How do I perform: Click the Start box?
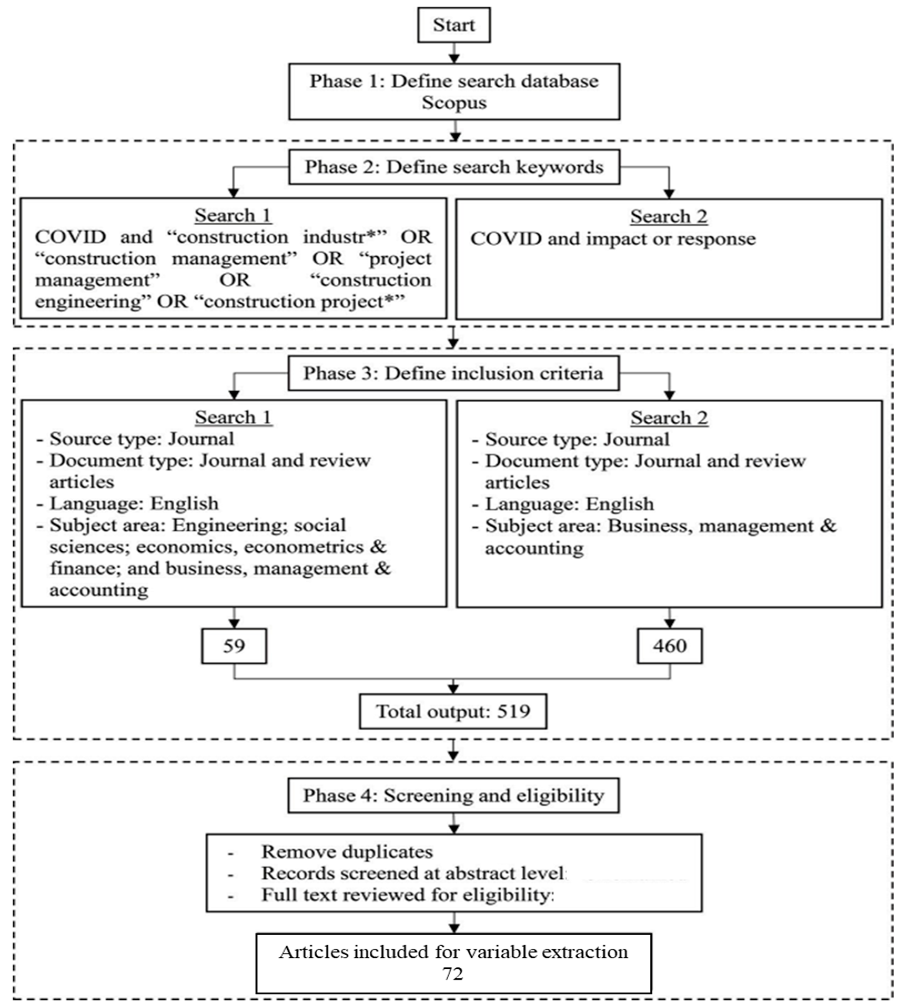click(x=453, y=25)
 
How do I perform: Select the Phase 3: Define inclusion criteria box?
click(x=453, y=373)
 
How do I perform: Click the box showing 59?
click(x=234, y=646)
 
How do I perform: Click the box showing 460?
click(x=670, y=646)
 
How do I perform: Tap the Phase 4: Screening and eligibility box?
click(x=453, y=795)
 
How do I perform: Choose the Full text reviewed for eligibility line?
click(x=407, y=895)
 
